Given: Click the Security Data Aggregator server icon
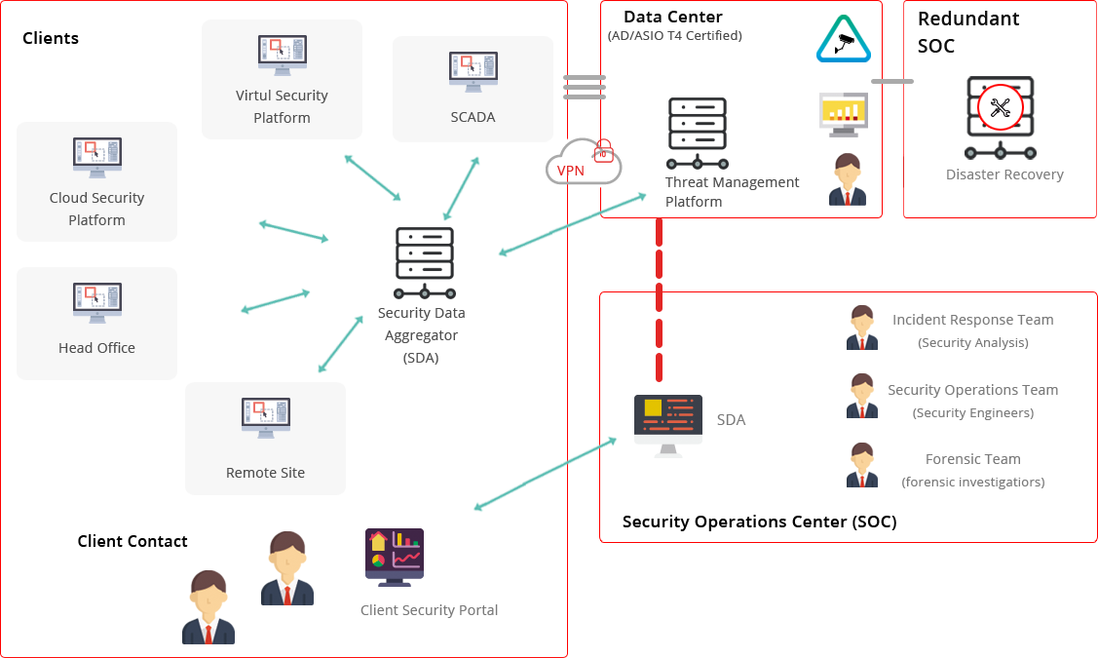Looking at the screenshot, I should (x=424, y=262).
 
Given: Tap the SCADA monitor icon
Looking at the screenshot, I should (x=473, y=71).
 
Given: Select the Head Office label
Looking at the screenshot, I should (x=96, y=348).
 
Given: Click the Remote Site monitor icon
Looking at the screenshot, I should (x=265, y=420).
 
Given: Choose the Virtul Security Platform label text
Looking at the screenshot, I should (x=282, y=106).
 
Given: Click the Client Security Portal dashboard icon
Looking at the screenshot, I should (x=394, y=557).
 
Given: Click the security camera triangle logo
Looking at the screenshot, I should (x=843, y=40).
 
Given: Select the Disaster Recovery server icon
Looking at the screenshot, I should (x=1000, y=118).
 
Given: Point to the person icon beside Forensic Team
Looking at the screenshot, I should (x=861, y=465).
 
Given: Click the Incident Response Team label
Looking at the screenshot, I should (x=972, y=320).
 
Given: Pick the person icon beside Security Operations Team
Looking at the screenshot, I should (x=861, y=396).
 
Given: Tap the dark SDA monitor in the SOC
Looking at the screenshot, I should (x=667, y=424).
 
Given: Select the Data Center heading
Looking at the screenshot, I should (x=673, y=17).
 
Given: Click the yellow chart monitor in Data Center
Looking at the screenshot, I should (x=843, y=115).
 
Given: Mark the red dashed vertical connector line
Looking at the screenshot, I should (x=660, y=302).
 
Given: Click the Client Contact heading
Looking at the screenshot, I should (x=133, y=541).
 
